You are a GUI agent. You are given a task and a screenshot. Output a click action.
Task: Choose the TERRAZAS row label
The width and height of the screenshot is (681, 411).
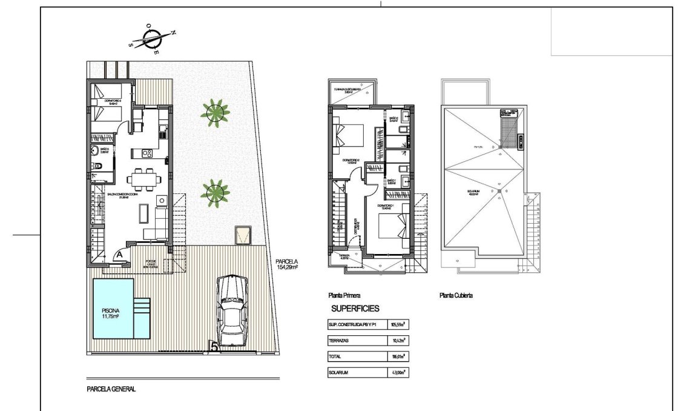[x=340, y=341]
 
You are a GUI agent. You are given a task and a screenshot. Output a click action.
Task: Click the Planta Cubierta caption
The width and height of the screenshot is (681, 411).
[x=456, y=296]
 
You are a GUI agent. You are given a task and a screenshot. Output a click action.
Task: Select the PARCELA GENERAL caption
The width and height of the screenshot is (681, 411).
[x=111, y=390]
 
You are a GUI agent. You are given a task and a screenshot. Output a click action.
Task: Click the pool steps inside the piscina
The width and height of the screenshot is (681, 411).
[x=140, y=312]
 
